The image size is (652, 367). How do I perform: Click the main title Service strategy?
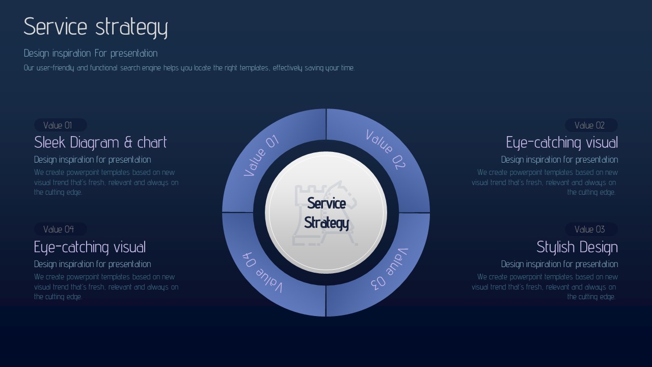coord(96,27)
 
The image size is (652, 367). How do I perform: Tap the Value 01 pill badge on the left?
coord(61,125)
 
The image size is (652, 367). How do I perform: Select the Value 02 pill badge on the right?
coord(591,125)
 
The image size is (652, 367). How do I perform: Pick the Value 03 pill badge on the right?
coord(591,229)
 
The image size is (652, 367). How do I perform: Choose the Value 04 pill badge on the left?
coord(61,229)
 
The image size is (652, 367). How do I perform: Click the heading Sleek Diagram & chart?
coord(100,142)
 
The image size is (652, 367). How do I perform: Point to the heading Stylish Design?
coord(577,247)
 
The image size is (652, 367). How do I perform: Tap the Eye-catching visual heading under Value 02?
coord(562,142)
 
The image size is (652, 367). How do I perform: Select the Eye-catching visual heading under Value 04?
coord(90,247)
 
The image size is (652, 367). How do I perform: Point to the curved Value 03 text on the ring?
coord(390,270)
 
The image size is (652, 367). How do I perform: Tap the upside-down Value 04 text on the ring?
coord(262,272)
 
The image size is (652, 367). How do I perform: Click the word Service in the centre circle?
coord(327,203)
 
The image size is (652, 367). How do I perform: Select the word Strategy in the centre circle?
coord(327,223)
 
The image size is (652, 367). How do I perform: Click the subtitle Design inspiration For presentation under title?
coord(91,54)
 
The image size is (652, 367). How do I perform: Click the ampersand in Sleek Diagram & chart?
coord(128,142)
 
